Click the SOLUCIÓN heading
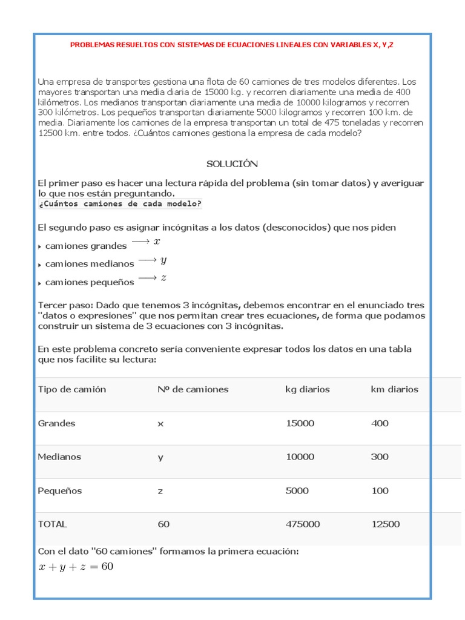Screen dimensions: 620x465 tap(232, 163)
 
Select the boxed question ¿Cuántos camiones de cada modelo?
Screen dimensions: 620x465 tap(120, 203)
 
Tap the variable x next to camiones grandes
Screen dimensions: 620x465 tap(157, 242)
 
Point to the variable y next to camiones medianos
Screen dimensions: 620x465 tap(163, 260)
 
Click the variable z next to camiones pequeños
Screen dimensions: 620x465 tap(163, 278)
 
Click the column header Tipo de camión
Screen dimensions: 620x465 tap(71, 389)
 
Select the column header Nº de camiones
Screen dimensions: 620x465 tap(193, 389)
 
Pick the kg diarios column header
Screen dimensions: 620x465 tap(308, 389)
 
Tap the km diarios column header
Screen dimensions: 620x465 tap(394, 389)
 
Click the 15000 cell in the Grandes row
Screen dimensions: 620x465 tap(300, 423)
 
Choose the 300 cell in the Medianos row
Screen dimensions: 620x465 tap(380, 457)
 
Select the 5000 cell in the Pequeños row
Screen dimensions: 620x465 tap(297, 490)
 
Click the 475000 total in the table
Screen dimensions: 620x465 tap(303, 524)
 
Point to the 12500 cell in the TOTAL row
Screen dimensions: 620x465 tap(385, 524)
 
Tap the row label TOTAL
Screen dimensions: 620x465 tap(53, 524)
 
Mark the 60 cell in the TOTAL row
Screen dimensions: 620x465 tap(163, 524)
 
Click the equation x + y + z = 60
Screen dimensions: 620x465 tap(76, 567)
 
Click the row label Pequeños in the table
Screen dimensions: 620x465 tap(60, 490)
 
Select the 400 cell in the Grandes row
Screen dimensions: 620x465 tap(380, 423)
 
